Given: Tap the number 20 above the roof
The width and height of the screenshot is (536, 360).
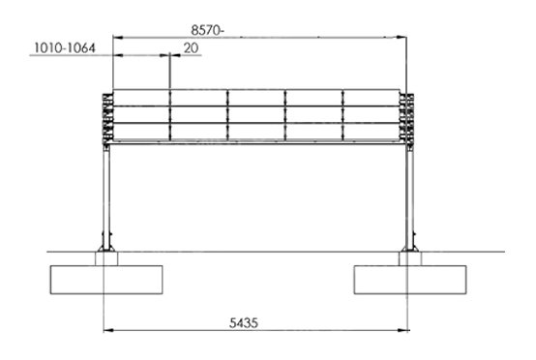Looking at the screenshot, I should [191, 47].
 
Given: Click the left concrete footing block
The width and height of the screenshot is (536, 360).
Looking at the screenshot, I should [106, 278].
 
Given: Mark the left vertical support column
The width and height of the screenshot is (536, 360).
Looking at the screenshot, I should [106, 194].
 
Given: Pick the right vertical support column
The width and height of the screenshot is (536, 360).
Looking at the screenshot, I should [410, 194].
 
